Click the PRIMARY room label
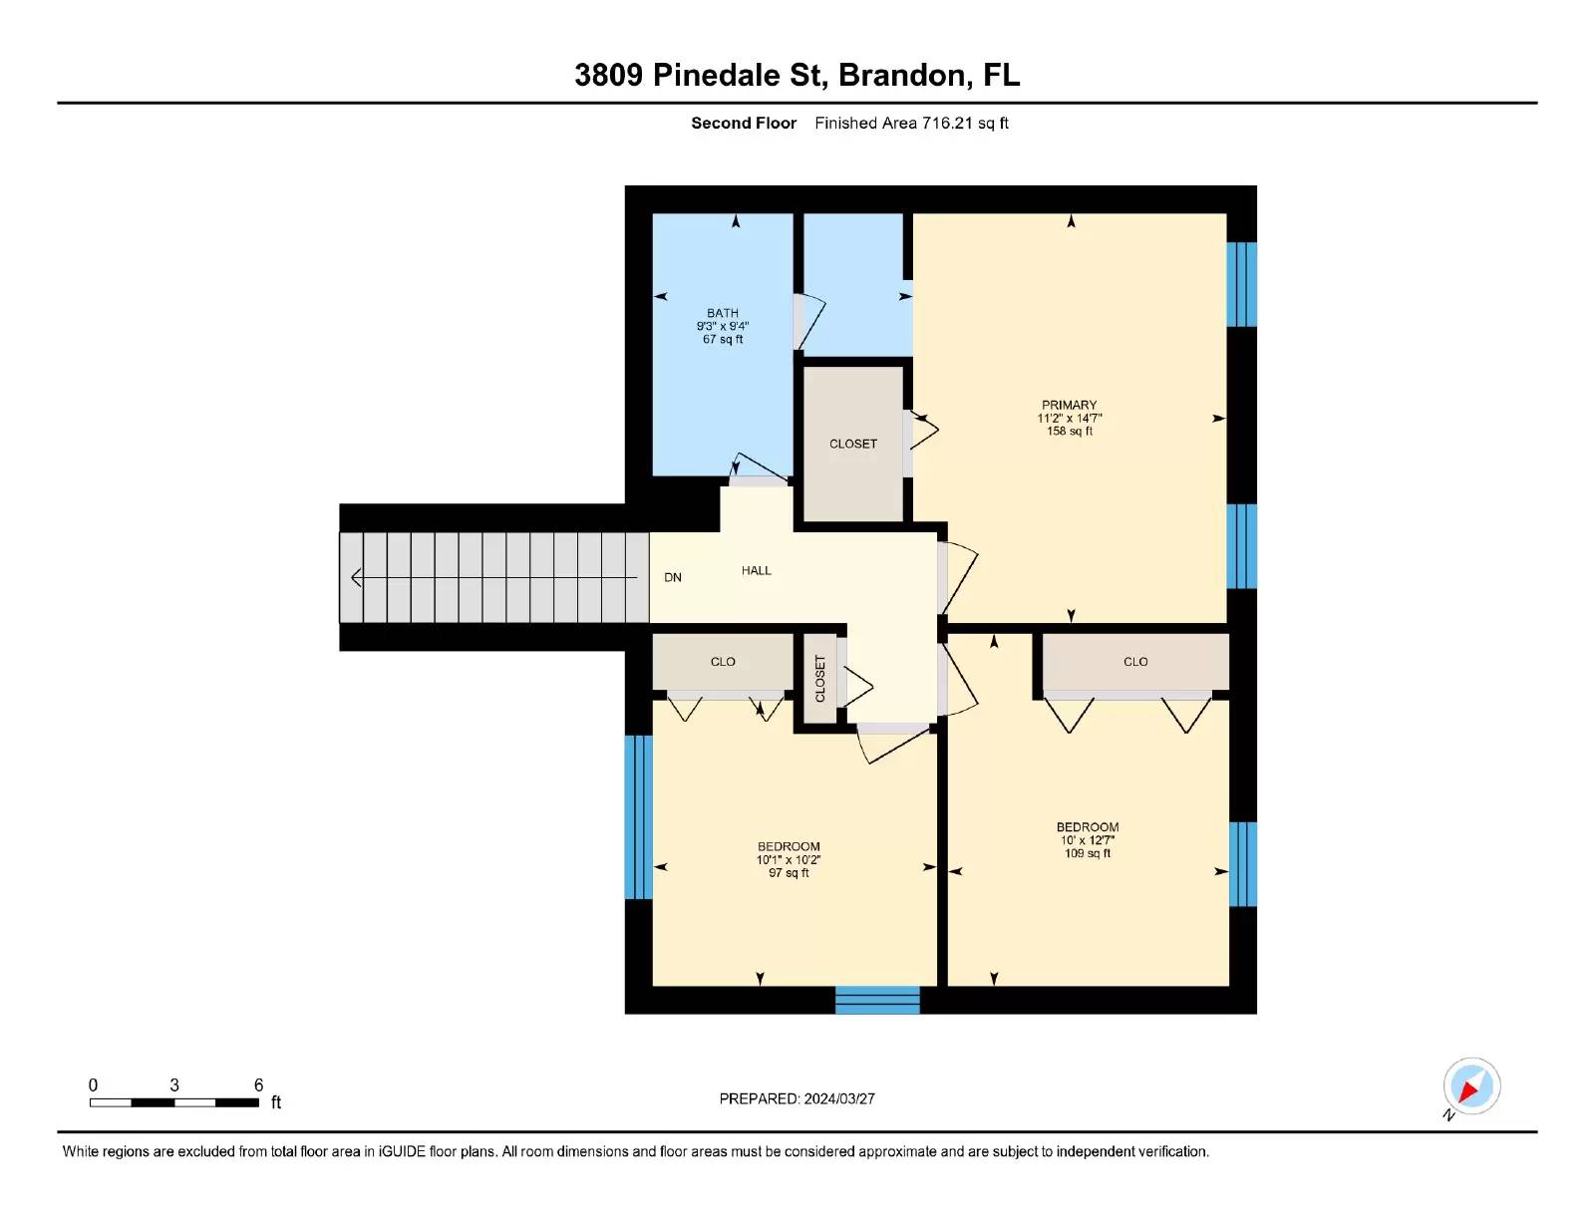point(1069,405)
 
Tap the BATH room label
point(723,313)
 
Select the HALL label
point(756,570)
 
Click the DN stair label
point(672,577)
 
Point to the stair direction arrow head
point(356,578)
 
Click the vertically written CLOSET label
point(819,678)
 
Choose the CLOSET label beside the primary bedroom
point(853,444)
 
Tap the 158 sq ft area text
point(1070,432)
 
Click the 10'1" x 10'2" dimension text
point(789,860)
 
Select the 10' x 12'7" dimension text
point(1087,840)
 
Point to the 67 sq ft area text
point(723,340)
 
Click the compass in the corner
point(1471,1086)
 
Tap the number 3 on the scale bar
point(174,1085)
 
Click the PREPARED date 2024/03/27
point(839,1099)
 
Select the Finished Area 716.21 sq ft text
point(911,124)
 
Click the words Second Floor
point(744,124)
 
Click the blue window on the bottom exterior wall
point(877,1000)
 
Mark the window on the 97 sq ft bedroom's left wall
point(638,817)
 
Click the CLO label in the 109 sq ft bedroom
point(1135,662)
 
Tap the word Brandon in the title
point(901,76)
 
